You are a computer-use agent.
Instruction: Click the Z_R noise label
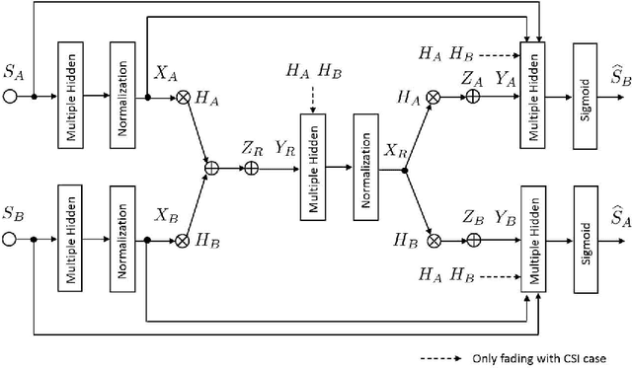click(x=251, y=148)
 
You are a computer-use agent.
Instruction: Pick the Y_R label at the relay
click(x=282, y=148)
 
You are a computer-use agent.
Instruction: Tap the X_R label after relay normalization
click(x=396, y=151)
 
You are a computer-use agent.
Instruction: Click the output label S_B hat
click(x=611, y=76)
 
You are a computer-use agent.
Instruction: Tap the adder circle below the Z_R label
click(x=252, y=170)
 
